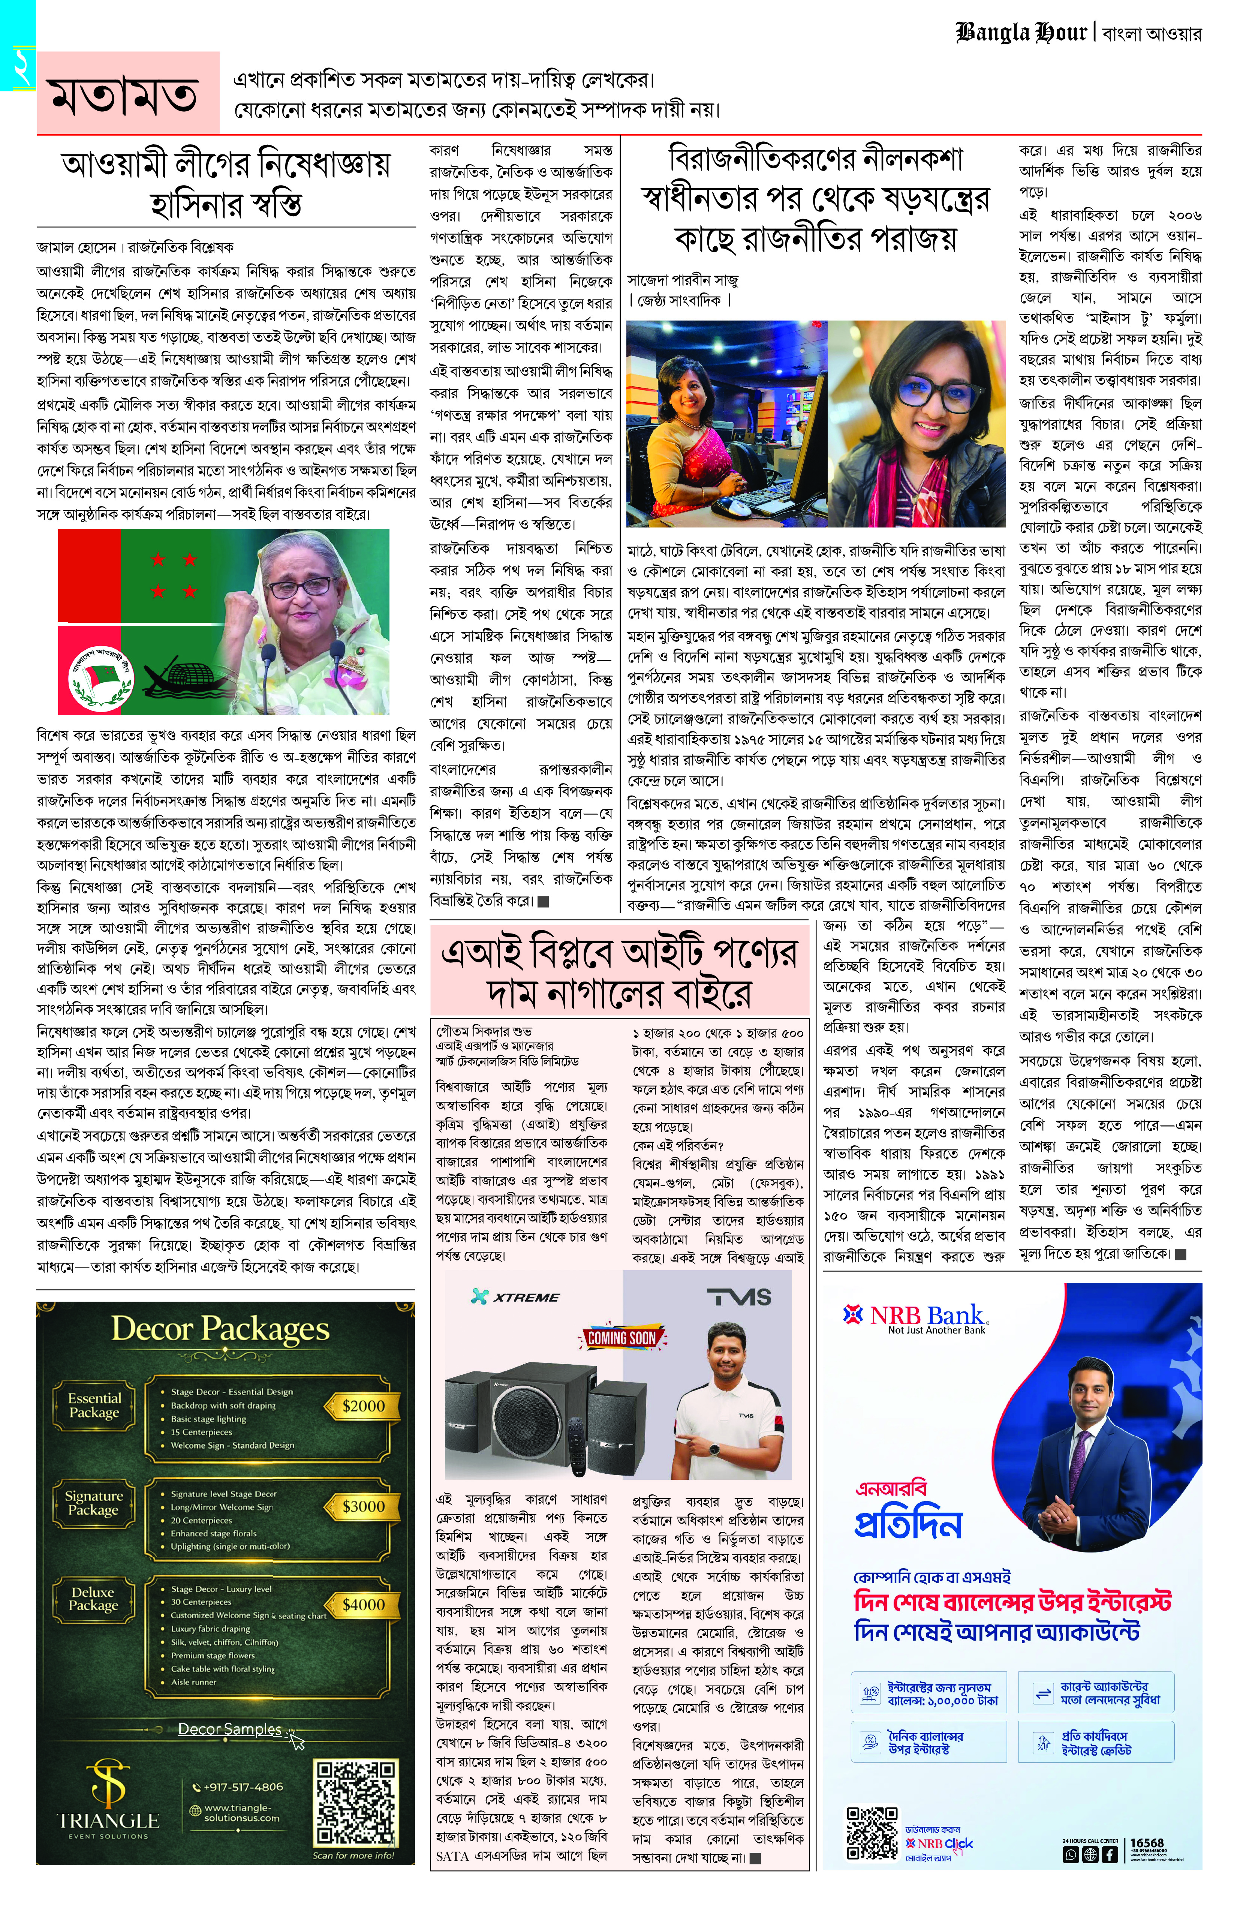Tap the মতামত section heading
(x=124, y=95)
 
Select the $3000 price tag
(x=363, y=1506)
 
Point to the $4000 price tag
(x=363, y=1604)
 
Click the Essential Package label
(x=94, y=1405)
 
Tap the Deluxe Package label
(x=93, y=1599)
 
